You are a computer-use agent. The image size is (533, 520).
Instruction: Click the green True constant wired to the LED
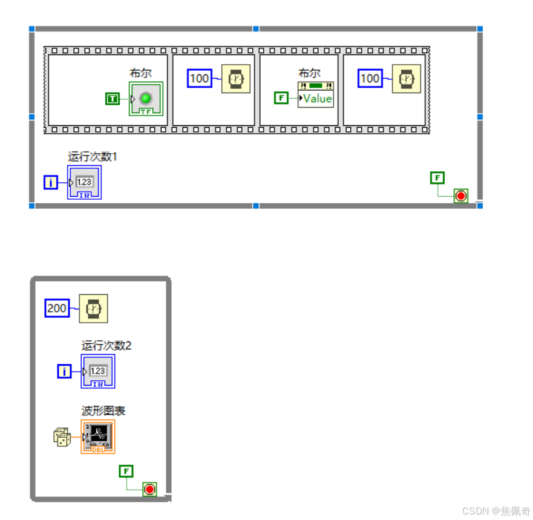[x=113, y=98]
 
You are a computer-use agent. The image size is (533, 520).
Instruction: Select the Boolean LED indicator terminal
[x=146, y=99]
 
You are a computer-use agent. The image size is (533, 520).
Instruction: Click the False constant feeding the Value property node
[x=281, y=97]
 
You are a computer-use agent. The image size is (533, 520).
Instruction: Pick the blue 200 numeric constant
[x=57, y=308]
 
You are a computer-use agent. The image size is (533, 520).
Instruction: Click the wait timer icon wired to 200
[x=93, y=309]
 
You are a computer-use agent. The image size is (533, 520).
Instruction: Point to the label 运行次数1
[x=93, y=157]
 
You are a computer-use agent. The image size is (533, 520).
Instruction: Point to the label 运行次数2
[x=106, y=346]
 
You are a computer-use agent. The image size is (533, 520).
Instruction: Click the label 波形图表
[x=103, y=411]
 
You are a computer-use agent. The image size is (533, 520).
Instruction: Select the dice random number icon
[x=62, y=437]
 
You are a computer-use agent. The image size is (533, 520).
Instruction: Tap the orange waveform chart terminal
[x=98, y=436]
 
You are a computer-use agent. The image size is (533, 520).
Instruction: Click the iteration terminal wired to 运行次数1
[x=51, y=182]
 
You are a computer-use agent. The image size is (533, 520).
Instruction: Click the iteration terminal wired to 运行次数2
[x=64, y=371]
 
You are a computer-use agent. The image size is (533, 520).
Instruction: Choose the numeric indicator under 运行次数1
[x=85, y=182]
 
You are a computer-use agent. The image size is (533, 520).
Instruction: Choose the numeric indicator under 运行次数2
[x=98, y=371]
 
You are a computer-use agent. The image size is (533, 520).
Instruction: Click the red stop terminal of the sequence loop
[x=461, y=196]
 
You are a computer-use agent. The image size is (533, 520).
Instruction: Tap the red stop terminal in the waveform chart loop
[x=149, y=489]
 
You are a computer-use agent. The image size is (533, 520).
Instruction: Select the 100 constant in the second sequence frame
[x=199, y=79]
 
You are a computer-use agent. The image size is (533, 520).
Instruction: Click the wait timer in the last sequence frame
[x=406, y=79]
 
